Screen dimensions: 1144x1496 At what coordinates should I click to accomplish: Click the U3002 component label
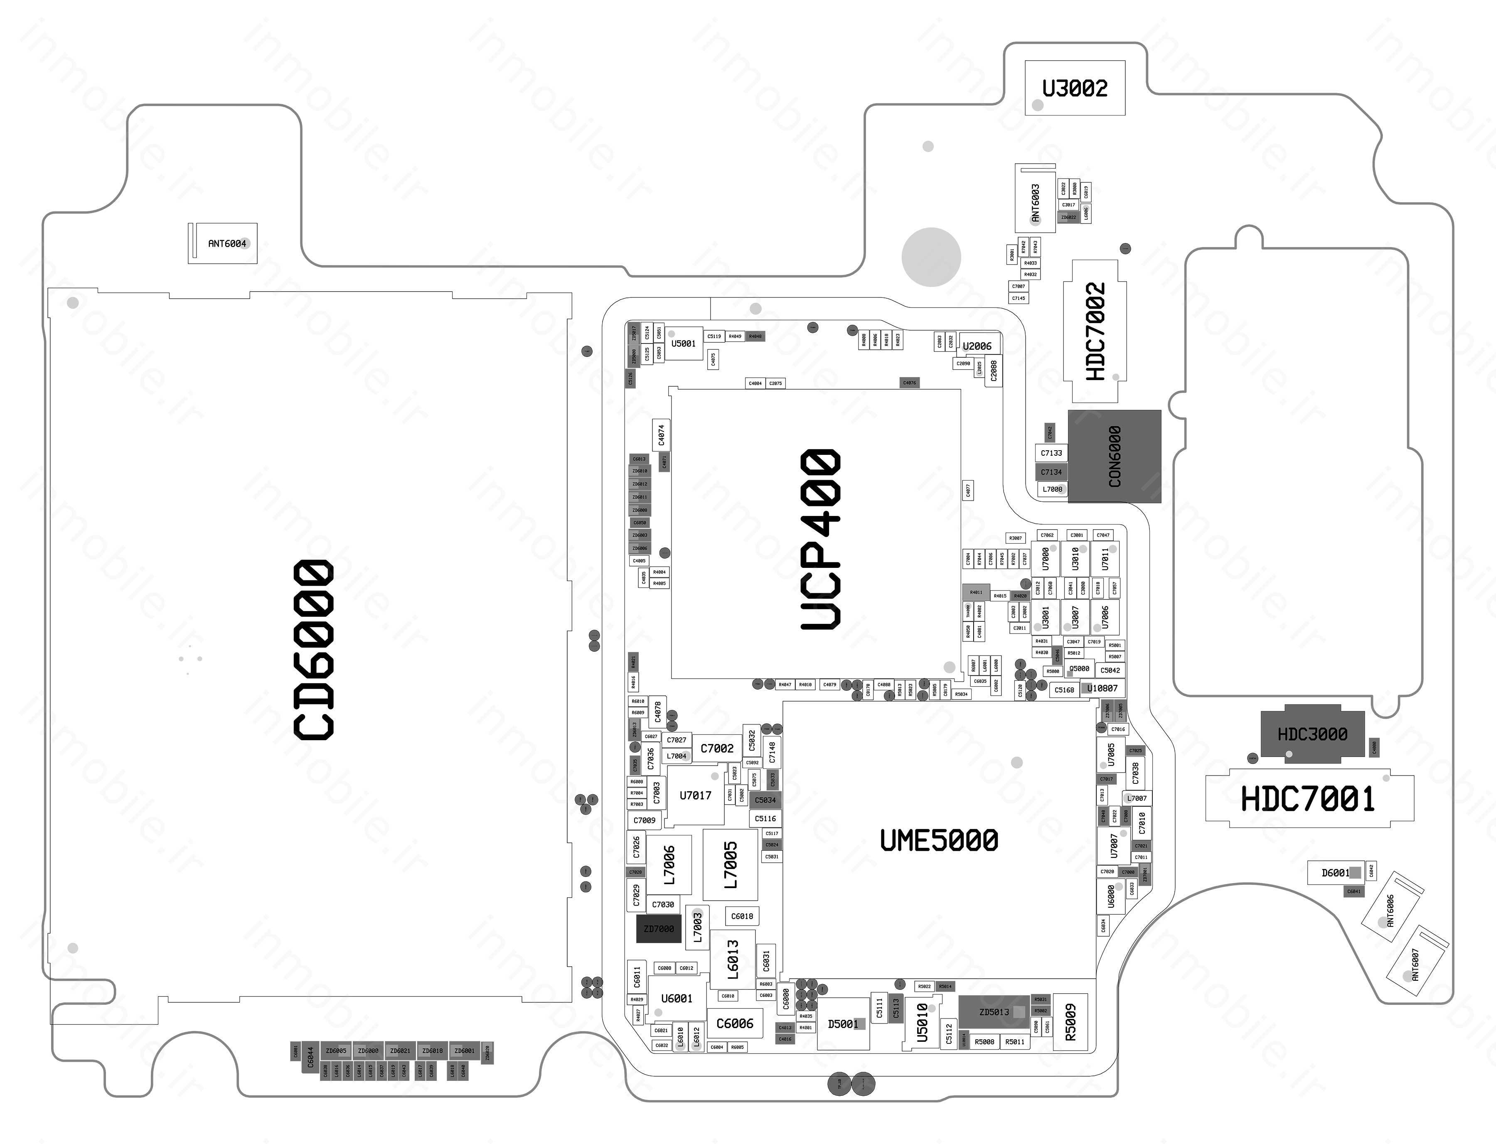[x=1074, y=88]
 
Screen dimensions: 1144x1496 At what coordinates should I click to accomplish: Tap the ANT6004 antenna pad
[x=223, y=243]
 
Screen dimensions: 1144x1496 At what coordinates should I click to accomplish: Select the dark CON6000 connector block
[x=1114, y=456]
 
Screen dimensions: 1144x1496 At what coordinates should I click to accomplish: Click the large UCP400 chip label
[x=821, y=539]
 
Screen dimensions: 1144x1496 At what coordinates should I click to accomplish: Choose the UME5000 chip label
[x=939, y=840]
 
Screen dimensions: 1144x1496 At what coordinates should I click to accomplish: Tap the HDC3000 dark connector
[x=1312, y=734]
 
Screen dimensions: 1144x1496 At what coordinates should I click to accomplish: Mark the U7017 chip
[x=695, y=795]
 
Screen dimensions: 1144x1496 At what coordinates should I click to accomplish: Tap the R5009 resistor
[x=1070, y=1022]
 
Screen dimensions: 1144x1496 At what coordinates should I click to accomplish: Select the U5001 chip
[x=683, y=343]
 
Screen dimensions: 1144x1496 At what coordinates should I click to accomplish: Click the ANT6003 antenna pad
[x=1035, y=202]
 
